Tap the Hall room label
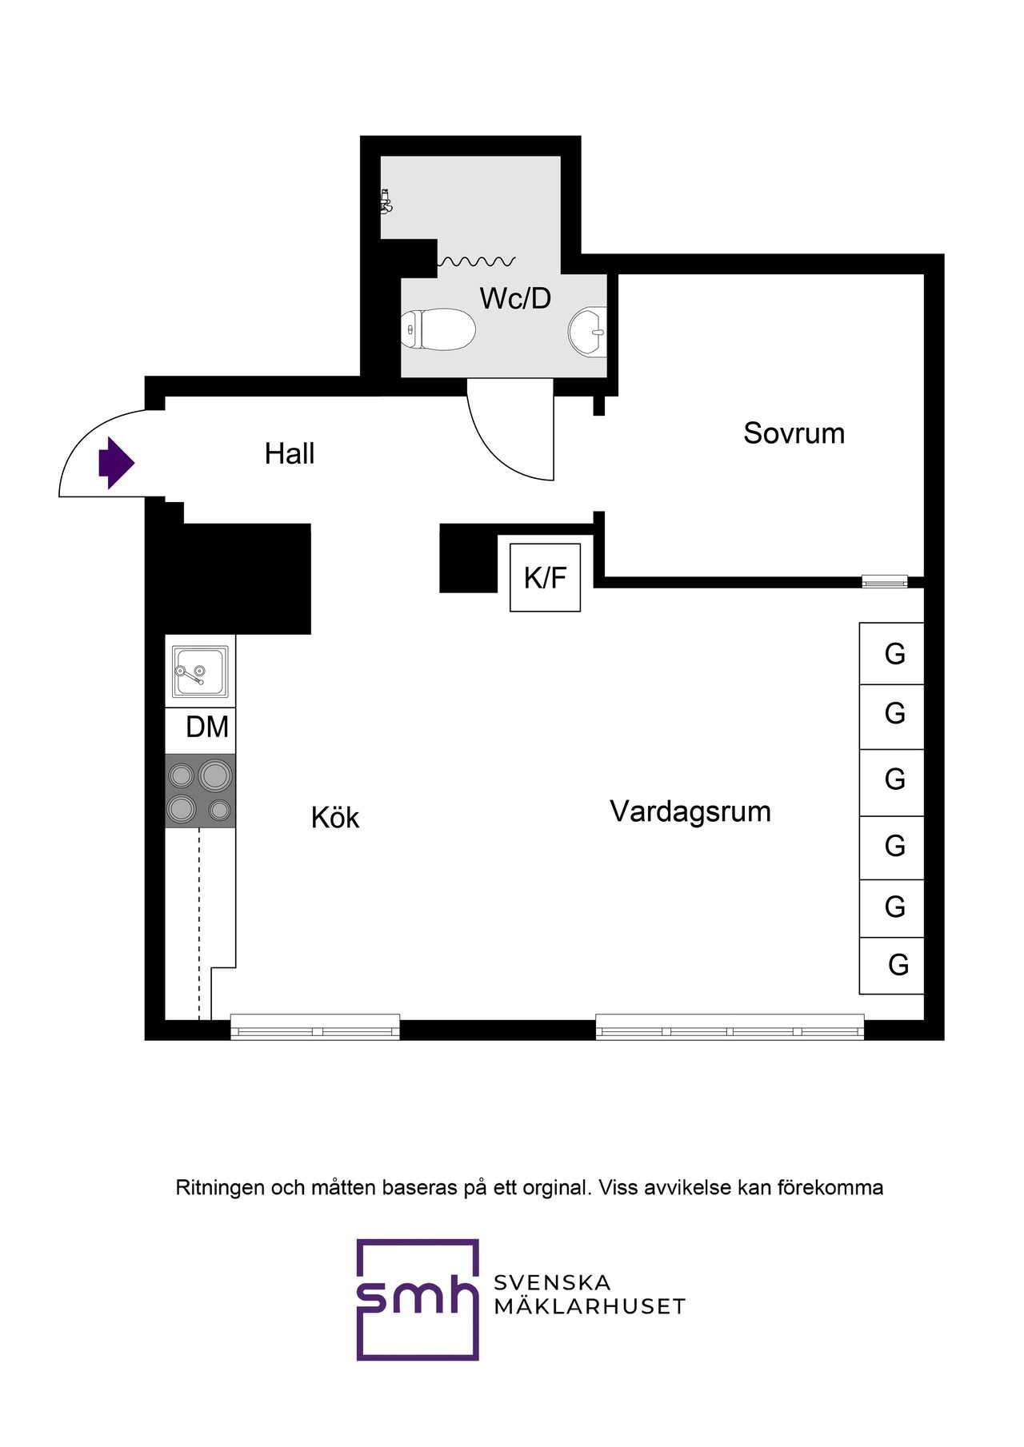click(x=290, y=454)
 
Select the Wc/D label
click(x=515, y=299)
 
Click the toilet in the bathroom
click(x=438, y=329)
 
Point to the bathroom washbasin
click(x=588, y=331)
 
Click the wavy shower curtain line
click(x=477, y=261)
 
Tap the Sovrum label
click(x=794, y=433)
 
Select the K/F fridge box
click(x=545, y=577)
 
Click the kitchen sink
click(x=200, y=672)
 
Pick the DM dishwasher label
click(x=206, y=727)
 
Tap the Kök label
click(x=334, y=819)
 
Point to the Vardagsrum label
click(x=690, y=811)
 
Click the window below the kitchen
click(x=315, y=1026)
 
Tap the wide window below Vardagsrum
click(x=730, y=1026)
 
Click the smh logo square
click(x=417, y=1299)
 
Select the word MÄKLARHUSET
click(x=590, y=1307)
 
